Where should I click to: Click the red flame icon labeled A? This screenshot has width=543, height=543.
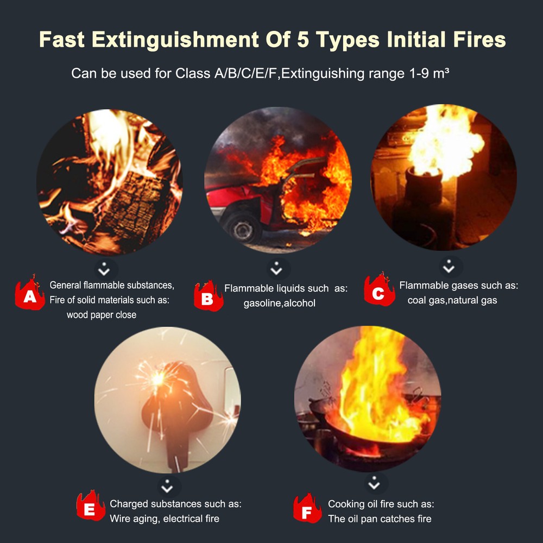coord(30,294)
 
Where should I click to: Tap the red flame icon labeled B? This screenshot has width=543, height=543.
coord(208,297)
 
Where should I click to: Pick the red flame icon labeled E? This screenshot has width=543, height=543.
coord(91,507)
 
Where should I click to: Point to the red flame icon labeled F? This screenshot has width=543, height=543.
coord(307,509)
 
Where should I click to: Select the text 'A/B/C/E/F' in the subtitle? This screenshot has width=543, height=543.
coord(243,73)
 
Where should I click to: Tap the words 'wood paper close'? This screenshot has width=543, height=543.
coord(102,314)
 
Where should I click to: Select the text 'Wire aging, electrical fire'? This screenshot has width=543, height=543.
coord(165,519)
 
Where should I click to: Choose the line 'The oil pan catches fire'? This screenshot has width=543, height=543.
coord(380,519)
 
